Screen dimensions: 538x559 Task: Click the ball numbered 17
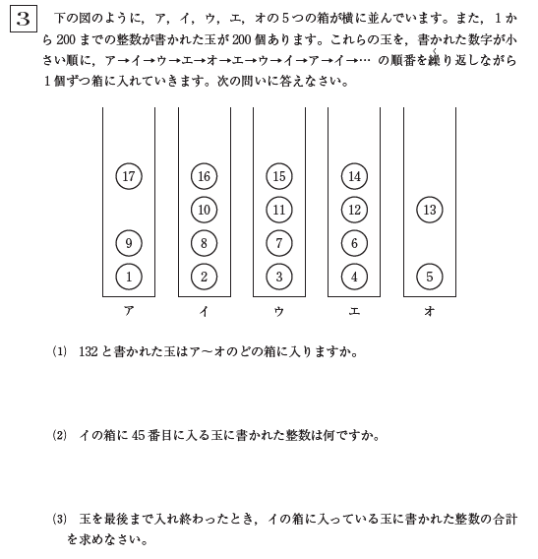coord(129,176)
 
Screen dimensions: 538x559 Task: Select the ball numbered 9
coord(129,243)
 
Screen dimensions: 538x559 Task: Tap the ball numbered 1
coord(129,277)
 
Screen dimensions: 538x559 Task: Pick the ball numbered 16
coord(204,176)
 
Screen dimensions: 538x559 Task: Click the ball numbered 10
coord(204,210)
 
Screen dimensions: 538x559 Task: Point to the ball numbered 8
coord(204,243)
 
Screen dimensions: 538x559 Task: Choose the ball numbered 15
coord(279,176)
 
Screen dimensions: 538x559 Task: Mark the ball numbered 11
coord(279,210)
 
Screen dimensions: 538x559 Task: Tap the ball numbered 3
coord(279,277)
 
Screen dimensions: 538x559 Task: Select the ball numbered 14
coord(354,176)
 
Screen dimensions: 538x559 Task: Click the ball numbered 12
coord(354,210)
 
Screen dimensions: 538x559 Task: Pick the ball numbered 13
coord(429,210)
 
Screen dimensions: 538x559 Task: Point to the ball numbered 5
coord(429,277)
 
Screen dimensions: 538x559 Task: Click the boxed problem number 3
coord(24,20)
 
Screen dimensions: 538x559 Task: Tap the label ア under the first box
coord(129,311)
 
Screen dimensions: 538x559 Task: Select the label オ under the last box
coord(429,311)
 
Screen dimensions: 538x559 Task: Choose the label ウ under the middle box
coord(279,311)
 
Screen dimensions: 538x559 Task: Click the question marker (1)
coord(58,351)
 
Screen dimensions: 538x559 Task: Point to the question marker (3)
coord(58,519)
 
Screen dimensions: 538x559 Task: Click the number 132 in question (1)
coord(90,351)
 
